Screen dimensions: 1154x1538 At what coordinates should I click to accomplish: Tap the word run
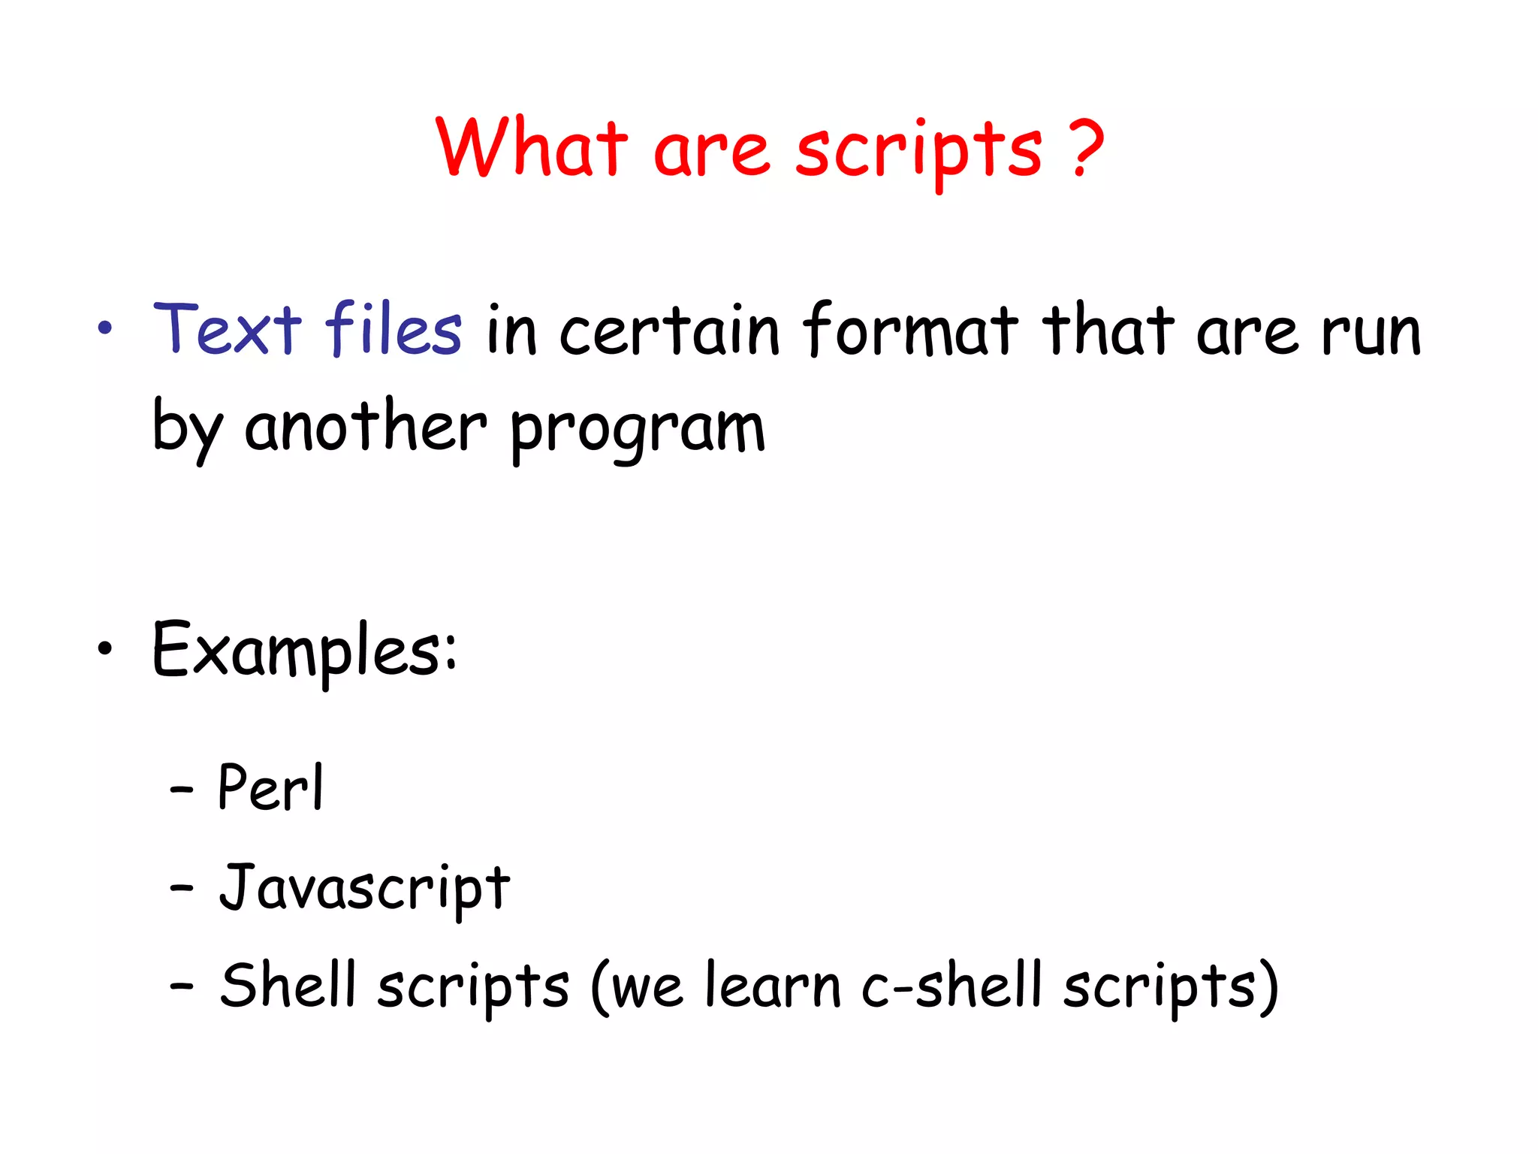(x=1371, y=332)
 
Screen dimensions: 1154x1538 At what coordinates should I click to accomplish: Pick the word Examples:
(x=304, y=650)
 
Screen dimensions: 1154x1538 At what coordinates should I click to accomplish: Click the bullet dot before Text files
(x=105, y=328)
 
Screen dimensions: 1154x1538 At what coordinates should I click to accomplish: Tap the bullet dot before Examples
(x=105, y=648)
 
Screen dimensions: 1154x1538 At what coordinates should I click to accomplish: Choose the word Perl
(x=270, y=787)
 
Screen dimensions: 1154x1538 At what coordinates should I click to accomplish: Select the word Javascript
(x=365, y=888)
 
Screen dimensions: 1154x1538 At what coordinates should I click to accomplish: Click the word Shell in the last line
(x=288, y=985)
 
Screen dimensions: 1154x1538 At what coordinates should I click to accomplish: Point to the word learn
(x=773, y=985)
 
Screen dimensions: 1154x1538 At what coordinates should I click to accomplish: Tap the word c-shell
(x=952, y=985)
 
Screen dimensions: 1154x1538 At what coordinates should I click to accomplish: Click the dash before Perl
(x=182, y=790)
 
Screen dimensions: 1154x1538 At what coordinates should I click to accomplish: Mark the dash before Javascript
(x=182, y=889)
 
